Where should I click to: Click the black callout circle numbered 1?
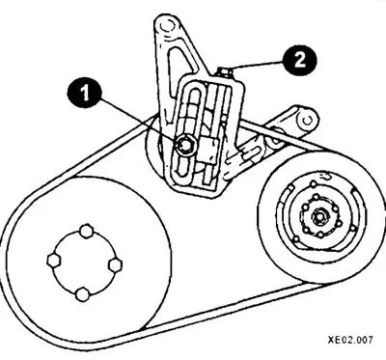point(84,93)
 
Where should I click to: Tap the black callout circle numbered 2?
point(300,61)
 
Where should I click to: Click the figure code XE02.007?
point(350,340)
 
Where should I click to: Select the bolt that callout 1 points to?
point(184,145)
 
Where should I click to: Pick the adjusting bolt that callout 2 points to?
point(223,71)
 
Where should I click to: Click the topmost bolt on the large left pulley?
point(87,231)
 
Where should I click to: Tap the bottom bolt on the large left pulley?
point(82,294)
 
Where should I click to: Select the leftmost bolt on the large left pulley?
point(53,260)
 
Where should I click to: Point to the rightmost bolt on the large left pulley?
point(115,265)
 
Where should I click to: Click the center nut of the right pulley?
point(318,217)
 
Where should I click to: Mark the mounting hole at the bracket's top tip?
point(165,26)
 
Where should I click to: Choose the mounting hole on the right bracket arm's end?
point(308,120)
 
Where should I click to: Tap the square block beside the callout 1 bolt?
point(208,150)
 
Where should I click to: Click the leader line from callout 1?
point(139,120)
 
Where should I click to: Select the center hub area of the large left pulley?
point(84,263)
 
